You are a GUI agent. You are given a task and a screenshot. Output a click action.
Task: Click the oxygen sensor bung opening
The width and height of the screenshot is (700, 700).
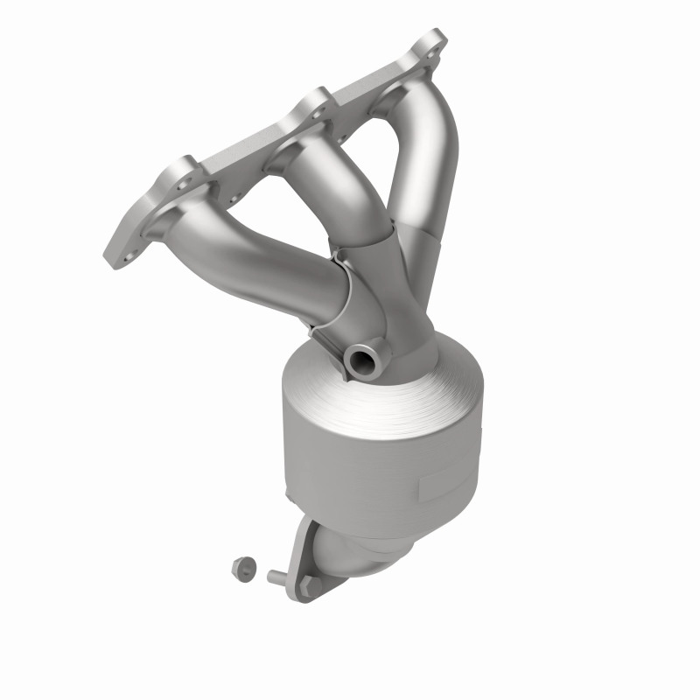coord(359,357)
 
